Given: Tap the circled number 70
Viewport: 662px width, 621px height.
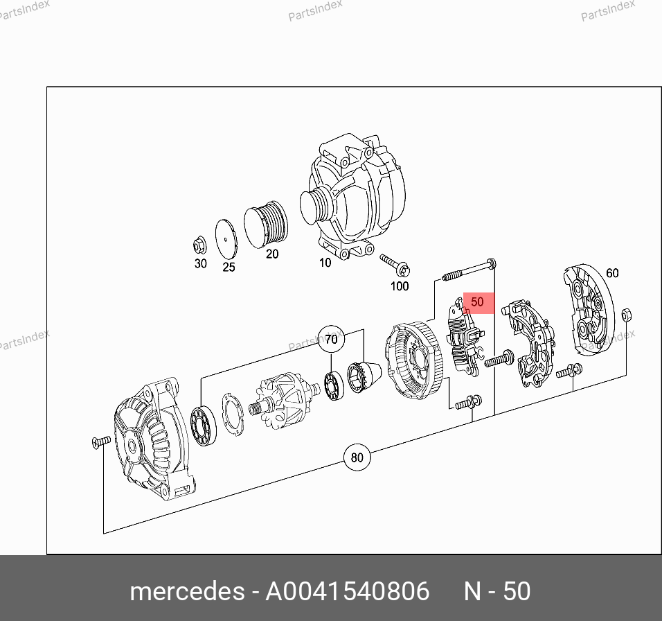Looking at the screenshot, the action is click(332, 339).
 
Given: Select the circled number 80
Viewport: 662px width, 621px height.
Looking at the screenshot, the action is click(357, 457).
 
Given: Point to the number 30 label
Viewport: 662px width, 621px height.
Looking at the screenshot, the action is click(201, 263).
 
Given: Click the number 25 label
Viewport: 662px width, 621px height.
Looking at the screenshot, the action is click(229, 267).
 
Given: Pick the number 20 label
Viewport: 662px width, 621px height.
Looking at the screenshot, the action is click(272, 254).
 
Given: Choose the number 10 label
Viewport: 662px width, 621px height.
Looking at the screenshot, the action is click(325, 263).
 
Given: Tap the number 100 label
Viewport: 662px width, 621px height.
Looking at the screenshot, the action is click(400, 286).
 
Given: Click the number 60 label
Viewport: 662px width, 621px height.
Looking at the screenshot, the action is click(612, 273).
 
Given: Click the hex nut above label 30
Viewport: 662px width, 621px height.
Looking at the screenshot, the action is click(199, 245).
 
